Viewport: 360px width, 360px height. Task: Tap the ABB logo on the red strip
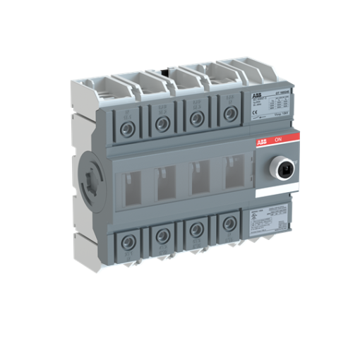(x=261, y=141)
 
